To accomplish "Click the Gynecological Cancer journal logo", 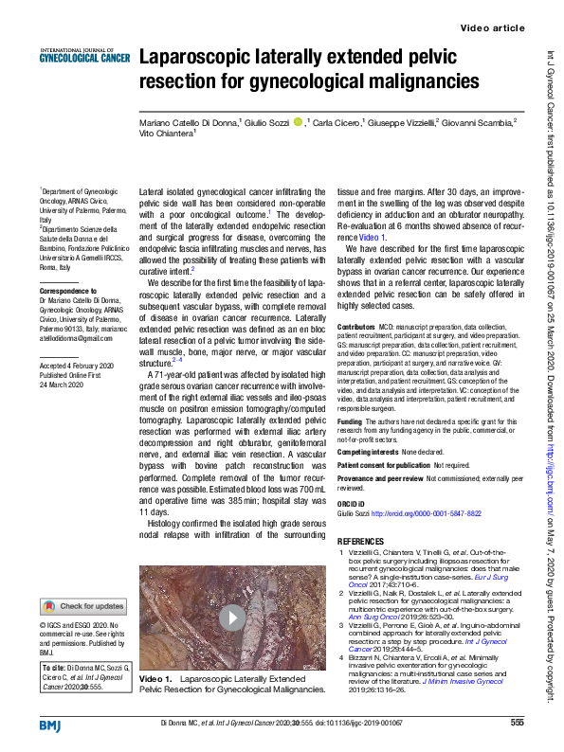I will [x=84, y=56].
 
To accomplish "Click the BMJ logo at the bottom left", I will [x=50, y=725].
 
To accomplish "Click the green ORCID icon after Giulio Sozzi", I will [x=298, y=121].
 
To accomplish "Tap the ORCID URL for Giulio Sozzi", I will [x=426, y=513].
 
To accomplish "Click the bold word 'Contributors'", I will [x=356, y=325].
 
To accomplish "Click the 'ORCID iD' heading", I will [x=354, y=502].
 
